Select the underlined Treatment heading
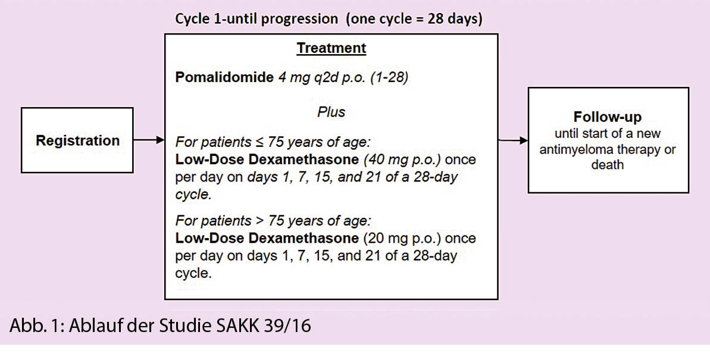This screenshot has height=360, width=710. coord(331,48)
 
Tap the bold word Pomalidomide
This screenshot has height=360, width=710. coord(224,77)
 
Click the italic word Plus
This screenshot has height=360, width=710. coord(331,112)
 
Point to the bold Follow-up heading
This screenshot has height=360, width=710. coord(608,117)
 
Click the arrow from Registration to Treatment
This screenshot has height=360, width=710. coord(149,140)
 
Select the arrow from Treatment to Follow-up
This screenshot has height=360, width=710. coord(513,140)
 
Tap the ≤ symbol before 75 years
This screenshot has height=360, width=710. coord(259,142)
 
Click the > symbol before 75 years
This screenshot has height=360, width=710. coord(259,221)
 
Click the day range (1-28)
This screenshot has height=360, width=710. coord(389,77)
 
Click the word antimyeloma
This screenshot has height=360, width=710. coord(573,150)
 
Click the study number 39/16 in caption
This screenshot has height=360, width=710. coord(287,325)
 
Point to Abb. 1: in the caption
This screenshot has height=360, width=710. coord(36,325)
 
